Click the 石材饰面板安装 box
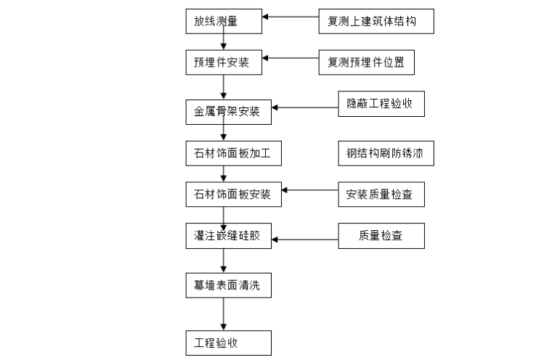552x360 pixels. tap(232, 195)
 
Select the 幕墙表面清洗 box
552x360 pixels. tap(227, 286)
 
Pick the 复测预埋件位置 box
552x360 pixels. tap(366, 63)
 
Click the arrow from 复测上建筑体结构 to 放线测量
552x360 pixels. tap(291, 17)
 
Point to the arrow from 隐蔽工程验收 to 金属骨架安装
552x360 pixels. tap(305, 109)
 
